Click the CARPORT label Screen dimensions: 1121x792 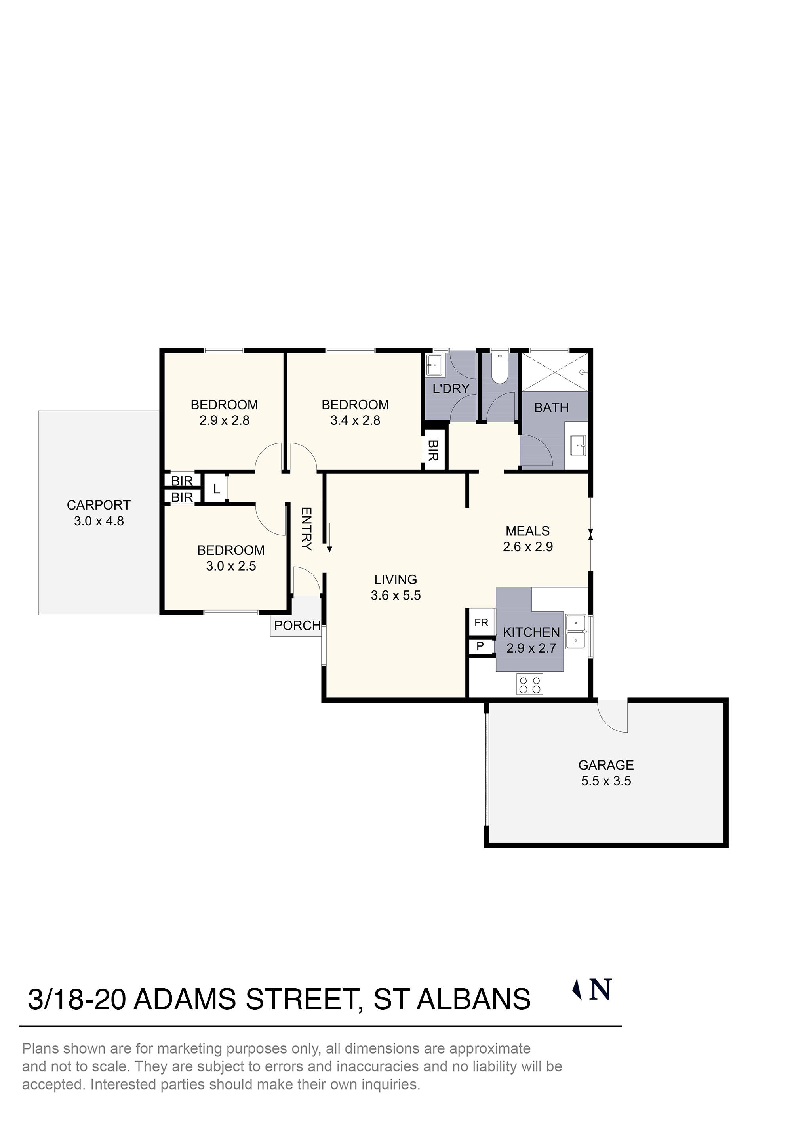click(x=99, y=505)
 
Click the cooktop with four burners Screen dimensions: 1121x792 click(x=529, y=684)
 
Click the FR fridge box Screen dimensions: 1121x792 click(x=481, y=623)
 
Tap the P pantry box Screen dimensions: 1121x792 click(x=480, y=646)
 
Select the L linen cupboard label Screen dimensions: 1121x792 click(x=217, y=489)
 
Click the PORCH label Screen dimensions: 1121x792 click(x=297, y=625)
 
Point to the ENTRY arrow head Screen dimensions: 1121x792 click(x=329, y=549)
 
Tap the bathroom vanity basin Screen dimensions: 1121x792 click(x=578, y=445)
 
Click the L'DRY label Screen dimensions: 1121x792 click(x=451, y=389)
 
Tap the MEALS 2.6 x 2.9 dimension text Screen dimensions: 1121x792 click(x=527, y=546)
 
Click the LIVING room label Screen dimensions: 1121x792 click(x=395, y=580)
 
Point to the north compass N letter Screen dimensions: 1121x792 click(x=600, y=990)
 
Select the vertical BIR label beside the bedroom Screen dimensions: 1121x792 click(x=433, y=450)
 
